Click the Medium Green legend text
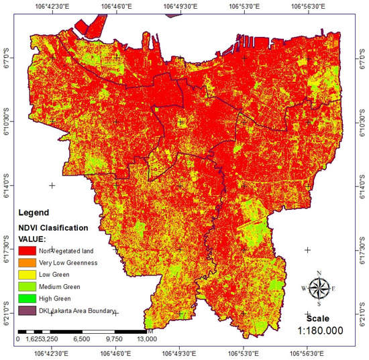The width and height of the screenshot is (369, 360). coord(67,286)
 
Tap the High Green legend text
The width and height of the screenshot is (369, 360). coord(62,298)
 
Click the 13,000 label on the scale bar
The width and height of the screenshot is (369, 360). coord(147,340)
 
